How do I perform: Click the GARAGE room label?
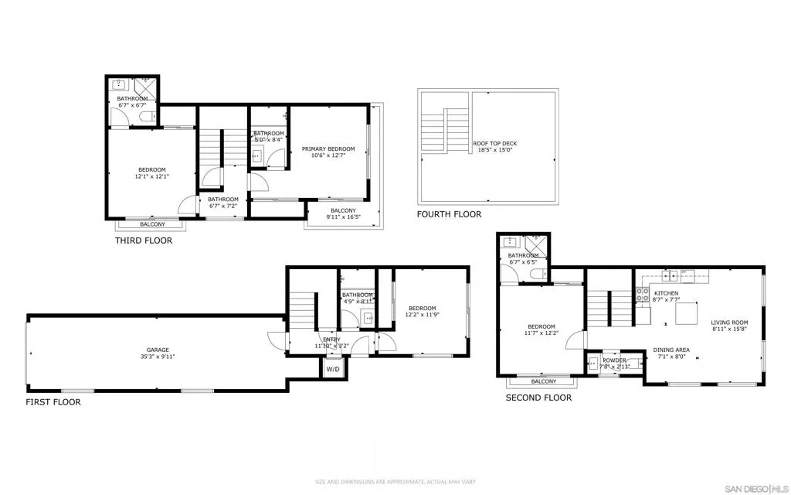click(158, 350)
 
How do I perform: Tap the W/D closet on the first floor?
click(332, 369)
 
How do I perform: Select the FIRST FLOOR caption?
click(53, 402)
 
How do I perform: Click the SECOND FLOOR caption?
click(538, 398)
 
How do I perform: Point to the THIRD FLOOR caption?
click(144, 241)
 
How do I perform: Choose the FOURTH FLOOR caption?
click(449, 214)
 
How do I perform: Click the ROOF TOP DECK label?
click(494, 144)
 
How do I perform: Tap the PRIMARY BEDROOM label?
click(328, 148)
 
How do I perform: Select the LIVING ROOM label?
click(729, 323)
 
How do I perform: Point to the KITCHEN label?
click(666, 293)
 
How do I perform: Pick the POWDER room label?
click(614, 360)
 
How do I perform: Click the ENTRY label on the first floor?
click(331, 339)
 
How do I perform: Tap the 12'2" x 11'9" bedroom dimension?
click(423, 315)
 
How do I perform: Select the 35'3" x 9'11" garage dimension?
click(158, 357)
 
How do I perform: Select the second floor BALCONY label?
click(544, 381)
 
